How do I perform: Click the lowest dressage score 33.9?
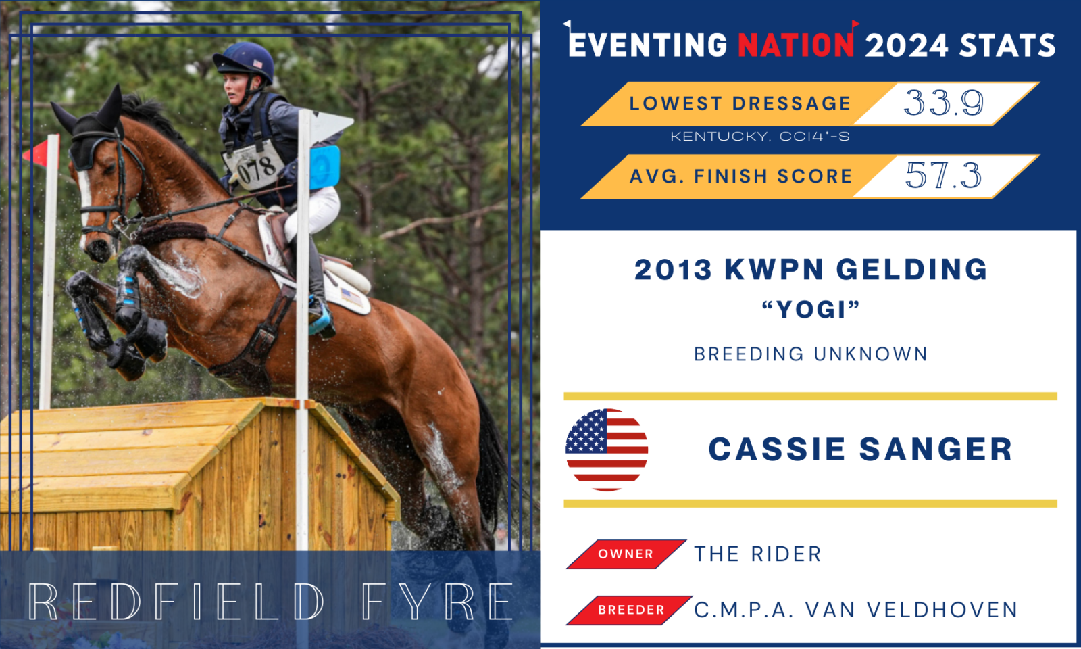[943, 103]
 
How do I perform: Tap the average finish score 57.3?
[943, 175]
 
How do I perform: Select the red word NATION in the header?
[797, 45]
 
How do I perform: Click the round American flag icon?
[607, 450]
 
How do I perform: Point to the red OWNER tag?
[626, 554]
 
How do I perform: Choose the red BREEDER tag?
[630, 610]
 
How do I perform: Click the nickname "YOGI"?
[811, 309]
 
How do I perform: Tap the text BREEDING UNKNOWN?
[811, 354]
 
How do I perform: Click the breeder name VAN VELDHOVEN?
[911, 610]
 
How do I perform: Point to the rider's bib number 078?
[256, 169]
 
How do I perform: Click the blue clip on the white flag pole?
[325, 167]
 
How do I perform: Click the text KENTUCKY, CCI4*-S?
[760, 137]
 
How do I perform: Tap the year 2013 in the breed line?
[673, 270]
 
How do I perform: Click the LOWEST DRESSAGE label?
[740, 103]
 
